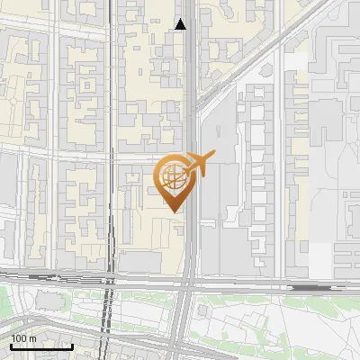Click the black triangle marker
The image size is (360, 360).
click(x=181, y=23)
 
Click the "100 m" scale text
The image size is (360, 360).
click(x=24, y=337)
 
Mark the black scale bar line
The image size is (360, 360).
click(x=41, y=346)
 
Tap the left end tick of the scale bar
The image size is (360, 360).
click(x=11, y=345)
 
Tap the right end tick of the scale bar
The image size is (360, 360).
click(x=72, y=345)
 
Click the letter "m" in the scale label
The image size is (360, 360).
click(x=33, y=337)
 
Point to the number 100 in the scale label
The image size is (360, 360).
click(x=20, y=337)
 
